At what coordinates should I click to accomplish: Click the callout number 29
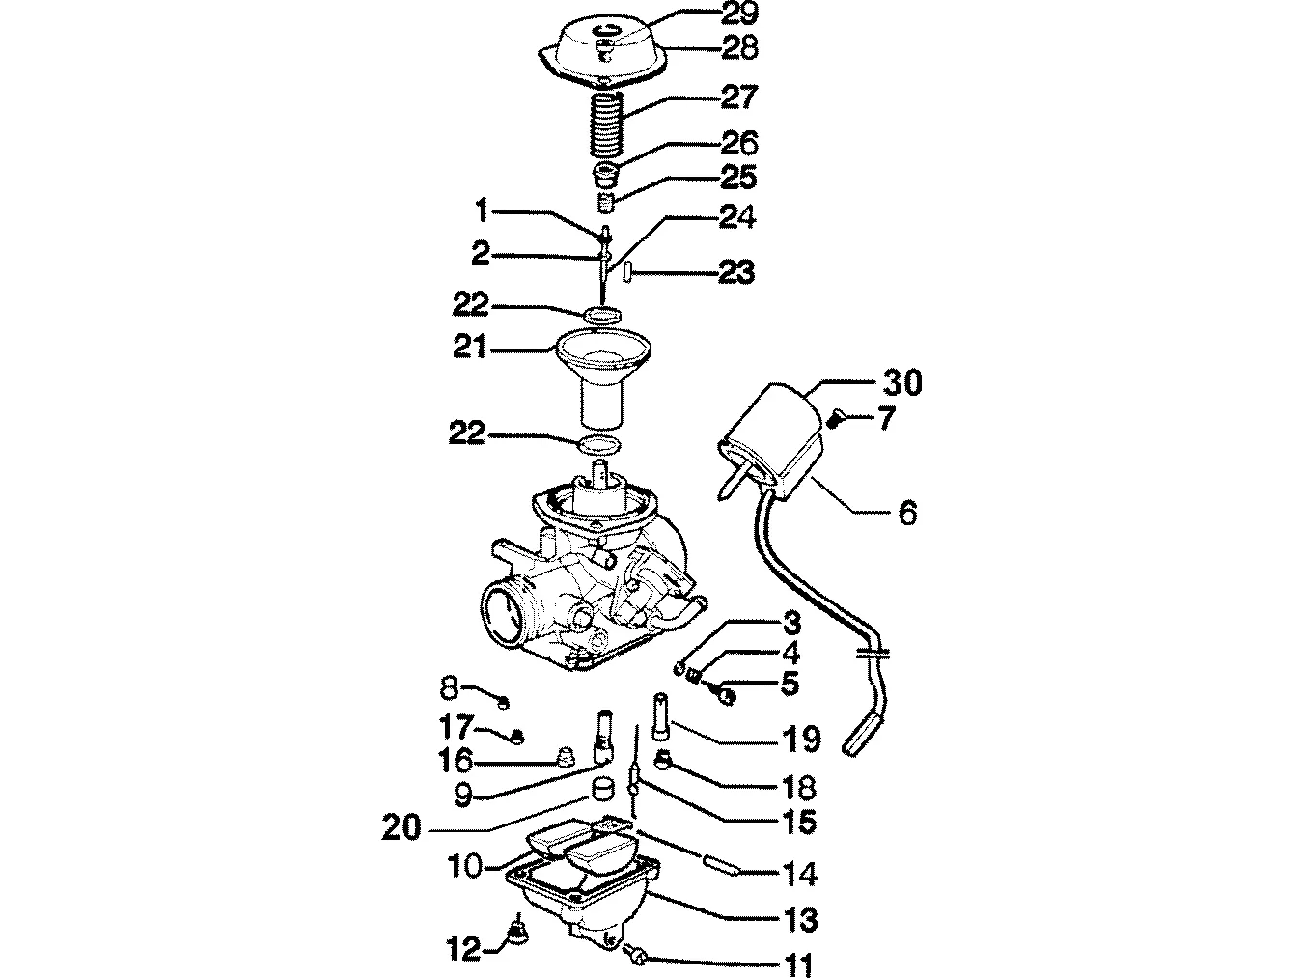[x=739, y=14]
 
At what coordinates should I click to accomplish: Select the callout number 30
[x=901, y=382]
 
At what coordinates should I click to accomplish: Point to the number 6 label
[x=907, y=512]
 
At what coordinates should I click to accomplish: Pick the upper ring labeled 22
[x=602, y=314]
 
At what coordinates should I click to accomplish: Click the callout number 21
[x=469, y=348]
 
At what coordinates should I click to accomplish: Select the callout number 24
[x=737, y=217]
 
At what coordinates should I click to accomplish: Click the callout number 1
[x=482, y=210]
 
